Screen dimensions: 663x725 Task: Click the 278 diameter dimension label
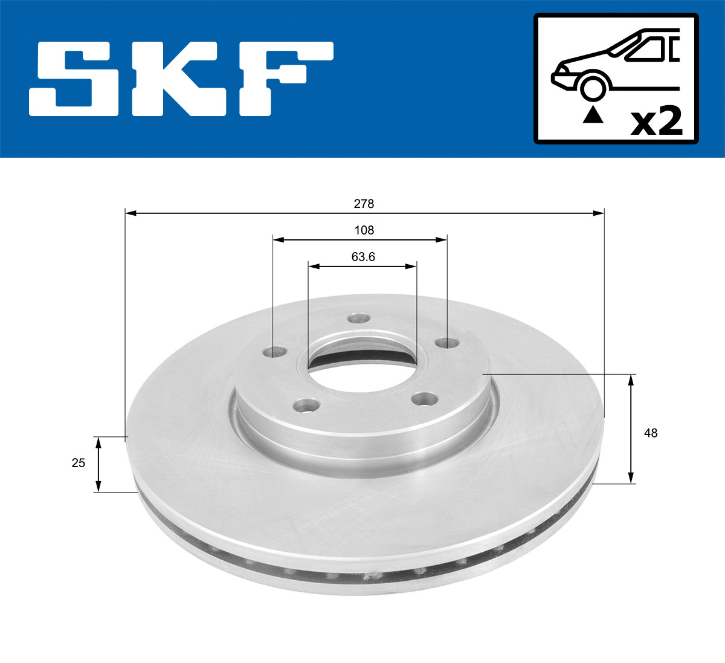pyautogui.click(x=364, y=204)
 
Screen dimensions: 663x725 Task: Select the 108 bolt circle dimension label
pyautogui.click(x=364, y=230)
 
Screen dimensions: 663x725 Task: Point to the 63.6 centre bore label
pyautogui.click(x=363, y=257)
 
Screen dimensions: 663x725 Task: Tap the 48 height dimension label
pyautogui.click(x=651, y=433)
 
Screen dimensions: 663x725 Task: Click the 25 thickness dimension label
pyautogui.click(x=78, y=463)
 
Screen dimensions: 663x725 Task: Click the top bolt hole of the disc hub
pyautogui.click(x=360, y=319)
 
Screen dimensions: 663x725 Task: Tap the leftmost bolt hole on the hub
pyautogui.click(x=277, y=351)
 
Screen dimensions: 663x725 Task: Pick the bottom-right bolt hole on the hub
pyautogui.click(x=425, y=398)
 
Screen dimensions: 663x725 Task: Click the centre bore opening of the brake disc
pyautogui.click(x=361, y=357)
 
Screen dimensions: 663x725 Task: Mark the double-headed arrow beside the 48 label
pyautogui.click(x=631, y=429)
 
